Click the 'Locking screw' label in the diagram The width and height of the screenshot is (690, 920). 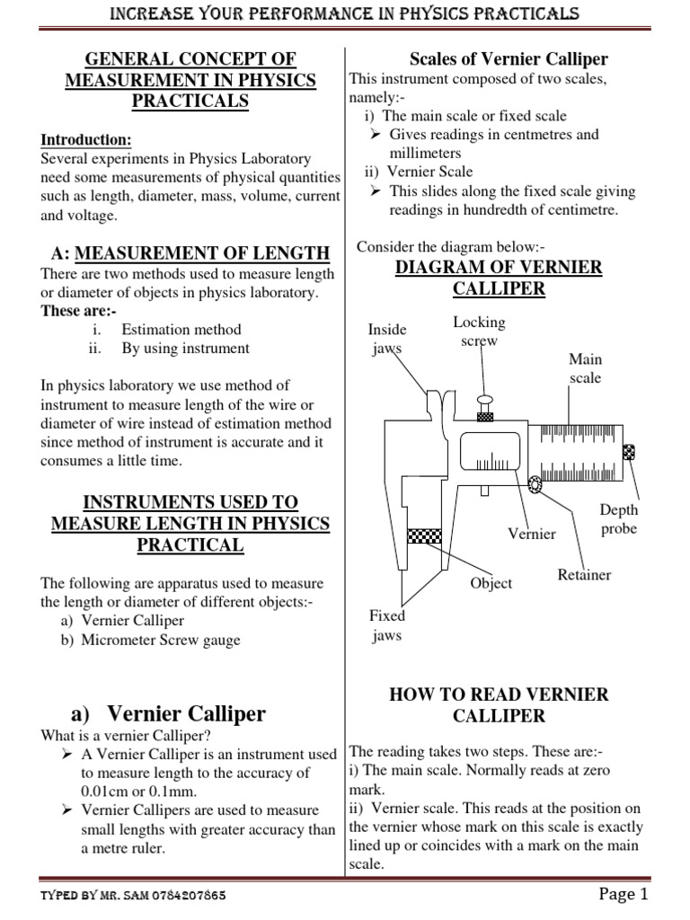[x=479, y=332]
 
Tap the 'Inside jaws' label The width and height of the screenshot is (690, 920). [x=387, y=339]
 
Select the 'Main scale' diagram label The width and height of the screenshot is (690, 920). [x=585, y=368]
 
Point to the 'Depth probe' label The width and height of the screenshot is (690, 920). [x=618, y=519]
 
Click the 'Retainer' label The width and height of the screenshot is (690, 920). [x=584, y=574]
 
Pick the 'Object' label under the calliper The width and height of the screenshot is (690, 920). [x=491, y=583]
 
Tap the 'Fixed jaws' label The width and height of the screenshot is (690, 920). [x=387, y=625]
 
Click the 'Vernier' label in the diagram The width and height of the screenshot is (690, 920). [x=531, y=534]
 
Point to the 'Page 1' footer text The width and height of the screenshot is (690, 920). [x=623, y=894]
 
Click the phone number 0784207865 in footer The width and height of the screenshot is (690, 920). [x=184, y=897]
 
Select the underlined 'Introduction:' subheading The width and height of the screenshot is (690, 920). [x=86, y=140]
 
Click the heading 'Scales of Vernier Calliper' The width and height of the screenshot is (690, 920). [x=509, y=60]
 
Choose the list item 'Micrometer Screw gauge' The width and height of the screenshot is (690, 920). [x=160, y=641]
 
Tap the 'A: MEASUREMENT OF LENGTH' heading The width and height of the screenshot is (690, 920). [x=185, y=253]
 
